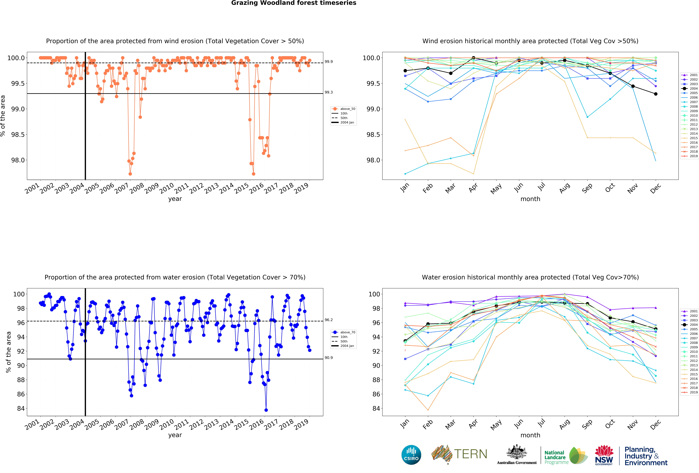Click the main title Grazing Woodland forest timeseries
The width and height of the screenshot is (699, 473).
pos(294,3)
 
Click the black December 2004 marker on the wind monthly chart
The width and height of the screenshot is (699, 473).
pos(656,94)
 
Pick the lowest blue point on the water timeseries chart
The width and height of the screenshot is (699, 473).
pos(266,410)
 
